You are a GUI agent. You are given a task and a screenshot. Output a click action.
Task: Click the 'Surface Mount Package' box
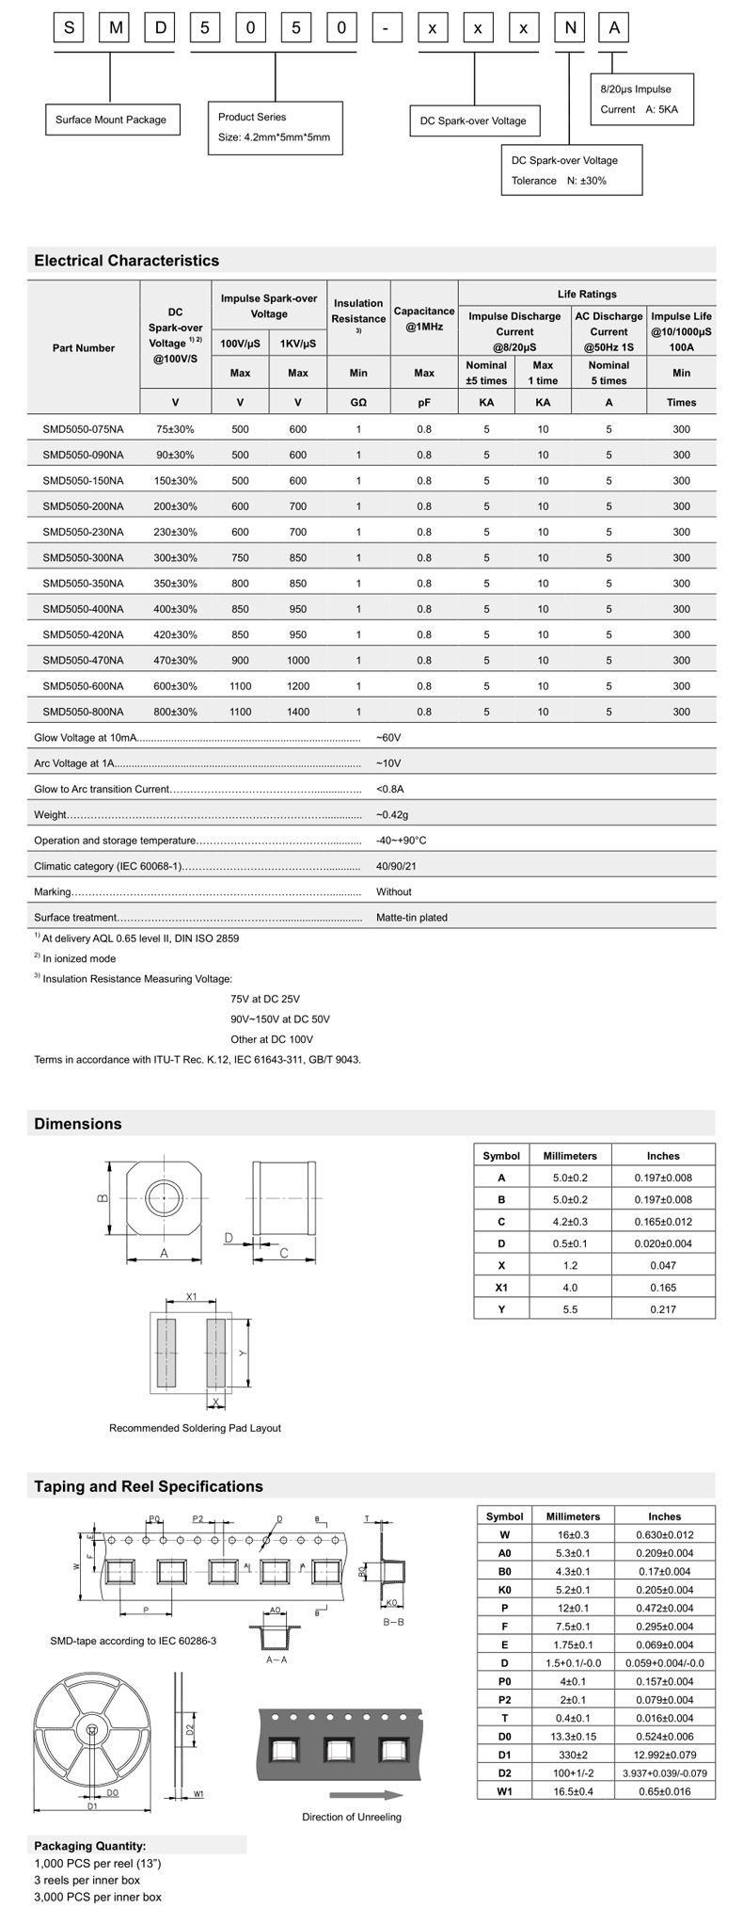[110, 120]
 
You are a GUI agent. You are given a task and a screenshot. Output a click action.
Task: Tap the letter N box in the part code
[569, 28]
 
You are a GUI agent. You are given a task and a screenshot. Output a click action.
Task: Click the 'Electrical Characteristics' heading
[126, 261]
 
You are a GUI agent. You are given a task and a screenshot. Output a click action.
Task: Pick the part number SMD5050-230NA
[83, 532]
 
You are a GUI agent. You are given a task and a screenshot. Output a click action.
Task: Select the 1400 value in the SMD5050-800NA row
[297, 712]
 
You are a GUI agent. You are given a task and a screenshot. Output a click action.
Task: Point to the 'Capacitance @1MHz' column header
[424, 319]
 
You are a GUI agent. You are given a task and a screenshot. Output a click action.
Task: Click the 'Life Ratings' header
[586, 294]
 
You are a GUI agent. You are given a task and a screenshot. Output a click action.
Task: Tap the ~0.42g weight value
[392, 814]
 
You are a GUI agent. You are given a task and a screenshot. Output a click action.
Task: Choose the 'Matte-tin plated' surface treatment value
[411, 917]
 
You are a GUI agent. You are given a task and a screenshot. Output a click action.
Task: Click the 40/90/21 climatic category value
[396, 866]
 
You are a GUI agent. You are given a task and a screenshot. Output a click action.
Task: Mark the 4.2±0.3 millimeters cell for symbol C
[570, 1221]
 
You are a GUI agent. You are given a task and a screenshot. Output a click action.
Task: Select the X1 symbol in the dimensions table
[501, 1287]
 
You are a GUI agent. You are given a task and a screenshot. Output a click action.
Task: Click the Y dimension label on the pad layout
[242, 1353]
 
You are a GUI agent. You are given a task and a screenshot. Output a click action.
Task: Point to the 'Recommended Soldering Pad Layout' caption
[195, 1428]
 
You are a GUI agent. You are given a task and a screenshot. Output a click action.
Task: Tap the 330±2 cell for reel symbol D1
[573, 1755]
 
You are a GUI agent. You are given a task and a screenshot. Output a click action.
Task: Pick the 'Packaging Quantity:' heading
[89, 1846]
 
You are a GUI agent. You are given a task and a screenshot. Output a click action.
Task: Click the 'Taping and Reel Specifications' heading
[149, 1486]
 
